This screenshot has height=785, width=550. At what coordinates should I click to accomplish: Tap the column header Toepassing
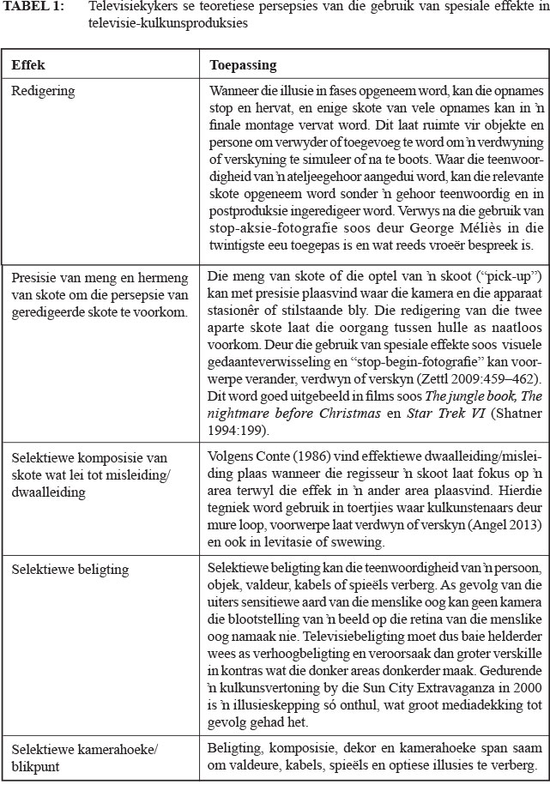pyautogui.click(x=243, y=65)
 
